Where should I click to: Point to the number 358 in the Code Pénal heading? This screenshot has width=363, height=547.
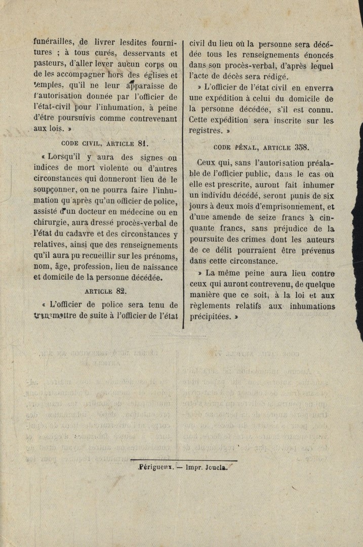click(301, 147)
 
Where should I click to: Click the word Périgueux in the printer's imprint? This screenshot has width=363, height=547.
click(157, 468)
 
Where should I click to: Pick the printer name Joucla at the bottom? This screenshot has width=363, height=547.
click(216, 468)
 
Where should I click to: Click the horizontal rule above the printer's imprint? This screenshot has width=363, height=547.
click(183, 461)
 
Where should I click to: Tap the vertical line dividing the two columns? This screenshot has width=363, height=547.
click(183, 182)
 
